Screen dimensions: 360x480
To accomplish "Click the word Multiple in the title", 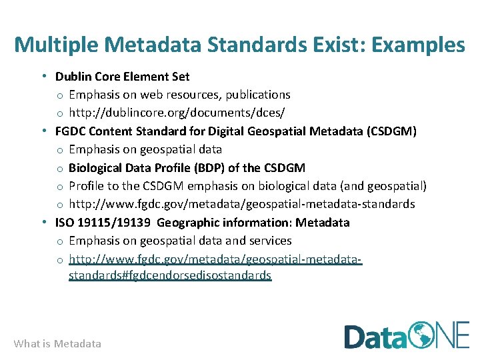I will click(x=57, y=45).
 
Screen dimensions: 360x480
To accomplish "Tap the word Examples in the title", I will click(x=418, y=45).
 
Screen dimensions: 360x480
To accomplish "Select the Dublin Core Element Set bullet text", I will click(x=122, y=77).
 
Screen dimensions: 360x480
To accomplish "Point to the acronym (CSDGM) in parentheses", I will click(x=391, y=131).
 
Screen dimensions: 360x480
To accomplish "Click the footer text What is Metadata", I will click(x=57, y=344).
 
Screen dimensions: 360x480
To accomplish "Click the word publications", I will click(x=256, y=95).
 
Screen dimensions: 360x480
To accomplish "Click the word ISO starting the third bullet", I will click(x=65, y=222).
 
